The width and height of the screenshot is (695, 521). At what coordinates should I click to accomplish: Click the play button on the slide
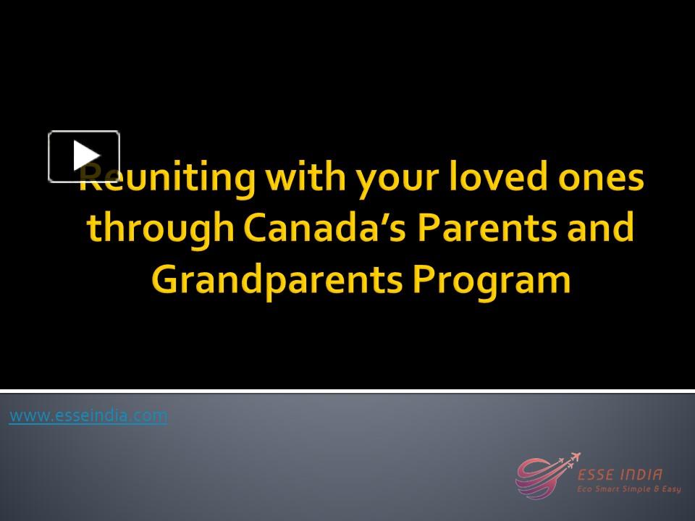[x=84, y=156]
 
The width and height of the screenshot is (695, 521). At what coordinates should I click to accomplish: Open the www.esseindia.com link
[x=88, y=415]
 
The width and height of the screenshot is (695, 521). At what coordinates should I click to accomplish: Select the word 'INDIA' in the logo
[x=641, y=475]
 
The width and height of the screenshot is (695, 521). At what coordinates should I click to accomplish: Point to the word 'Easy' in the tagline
[x=670, y=489]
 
